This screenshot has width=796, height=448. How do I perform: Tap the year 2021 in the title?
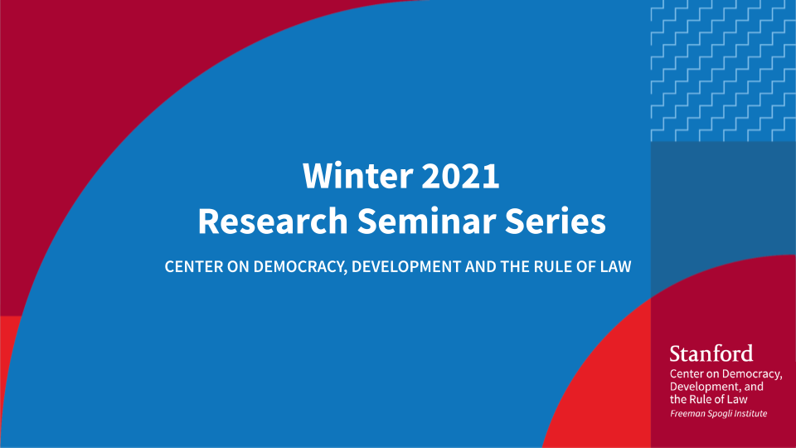click(460, 176)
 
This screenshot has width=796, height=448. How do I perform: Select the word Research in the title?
click(273, 221)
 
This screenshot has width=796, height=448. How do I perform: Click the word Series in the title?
click(556, 221)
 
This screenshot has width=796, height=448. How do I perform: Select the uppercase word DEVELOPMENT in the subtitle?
click(406, 266)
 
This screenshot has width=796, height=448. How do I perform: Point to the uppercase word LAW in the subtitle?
click(616, 266)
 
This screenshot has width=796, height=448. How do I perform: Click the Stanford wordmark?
click(711, 353)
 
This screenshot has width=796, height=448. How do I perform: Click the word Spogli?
click(721, 414)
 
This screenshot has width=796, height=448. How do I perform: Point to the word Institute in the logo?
click(752, 413)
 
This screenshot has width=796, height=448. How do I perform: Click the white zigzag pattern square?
click(723, 71)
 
